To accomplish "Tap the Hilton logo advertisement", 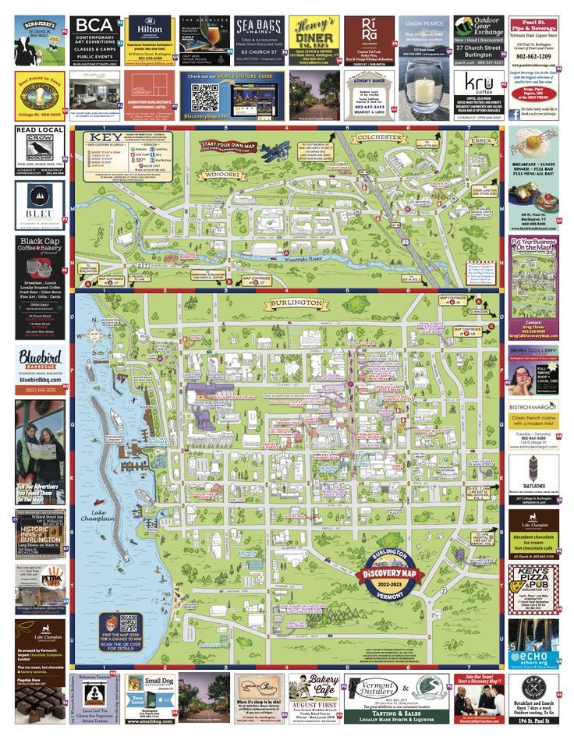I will (151, 29).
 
